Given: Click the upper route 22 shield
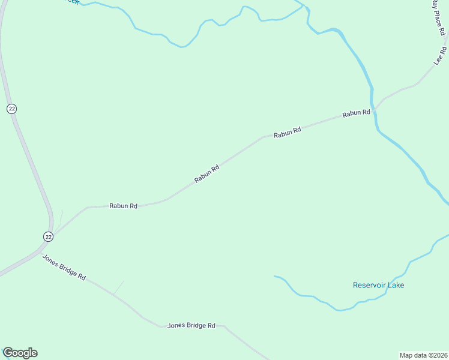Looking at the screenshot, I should point(12,109).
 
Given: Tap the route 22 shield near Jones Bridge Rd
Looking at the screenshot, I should point(48,237).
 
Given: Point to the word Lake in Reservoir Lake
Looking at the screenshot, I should point(396,285).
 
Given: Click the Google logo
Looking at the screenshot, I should point(20,353).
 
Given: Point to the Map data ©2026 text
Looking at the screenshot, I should point(423,355).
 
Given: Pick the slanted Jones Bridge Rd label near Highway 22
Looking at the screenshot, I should point(64,267).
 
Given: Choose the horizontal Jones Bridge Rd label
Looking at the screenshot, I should point(191,325).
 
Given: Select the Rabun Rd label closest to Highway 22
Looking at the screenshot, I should point(123,206).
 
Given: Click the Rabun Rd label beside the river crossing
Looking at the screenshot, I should point(356,113).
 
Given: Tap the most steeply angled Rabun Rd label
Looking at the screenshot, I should point(206,174).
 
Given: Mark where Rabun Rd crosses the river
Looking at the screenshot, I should point(373,110).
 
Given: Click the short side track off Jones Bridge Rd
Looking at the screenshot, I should point(119,287).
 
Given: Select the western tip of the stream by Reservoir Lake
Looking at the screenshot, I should point(275,277).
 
